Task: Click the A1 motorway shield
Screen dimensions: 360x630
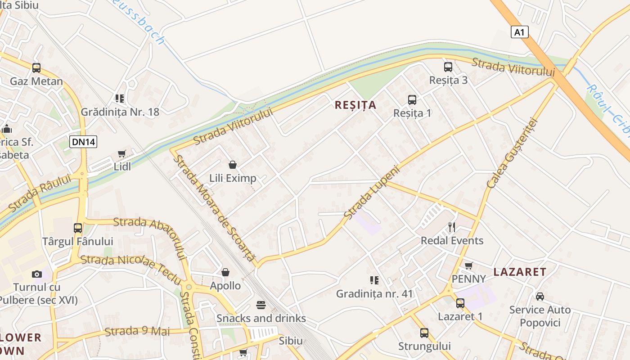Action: (519, 32)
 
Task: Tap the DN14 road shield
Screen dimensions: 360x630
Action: (84, 142)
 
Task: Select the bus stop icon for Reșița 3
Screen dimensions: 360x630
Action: (448, 67)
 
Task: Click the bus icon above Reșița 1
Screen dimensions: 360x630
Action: (412, 100)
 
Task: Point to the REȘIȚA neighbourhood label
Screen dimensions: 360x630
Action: (355, 105)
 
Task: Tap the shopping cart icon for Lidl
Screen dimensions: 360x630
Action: (121, 154)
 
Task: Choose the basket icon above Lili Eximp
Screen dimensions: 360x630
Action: (233, 165)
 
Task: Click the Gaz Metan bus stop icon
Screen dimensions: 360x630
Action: (36, 68)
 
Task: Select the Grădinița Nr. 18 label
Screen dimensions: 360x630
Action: (120, 112)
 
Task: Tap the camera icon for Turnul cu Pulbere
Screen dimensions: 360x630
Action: (37, 274)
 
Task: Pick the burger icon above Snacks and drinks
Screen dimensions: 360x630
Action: (261, 305)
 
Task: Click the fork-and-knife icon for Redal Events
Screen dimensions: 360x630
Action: (452, 227)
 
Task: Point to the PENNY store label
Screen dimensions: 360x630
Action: (468, 279)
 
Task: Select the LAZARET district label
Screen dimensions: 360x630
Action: (520, 272)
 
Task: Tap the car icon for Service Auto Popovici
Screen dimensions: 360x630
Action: (540, 297)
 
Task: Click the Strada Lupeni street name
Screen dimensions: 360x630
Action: (371, 193)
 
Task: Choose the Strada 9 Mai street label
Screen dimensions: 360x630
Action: (137, 332)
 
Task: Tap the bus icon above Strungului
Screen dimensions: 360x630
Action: (424, 333)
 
